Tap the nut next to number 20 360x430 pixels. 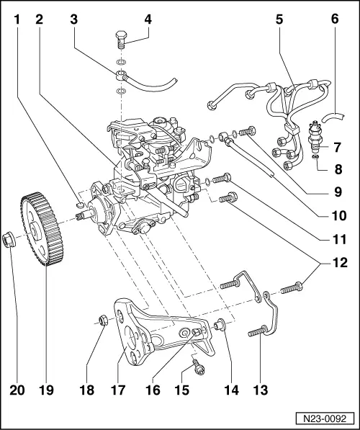click(10, 238)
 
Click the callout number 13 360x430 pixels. click(260, 390)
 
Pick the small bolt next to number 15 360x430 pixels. click(194, 369)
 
